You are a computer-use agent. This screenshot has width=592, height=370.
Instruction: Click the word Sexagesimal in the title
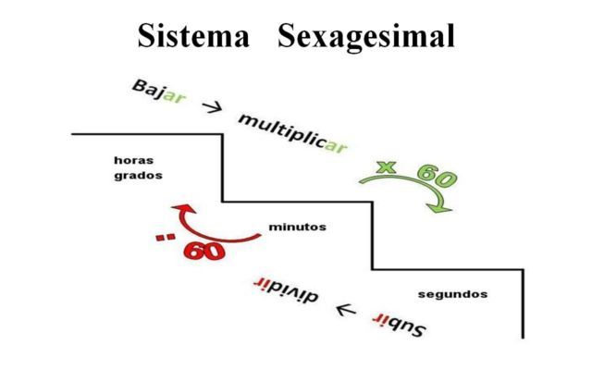coord(374,37)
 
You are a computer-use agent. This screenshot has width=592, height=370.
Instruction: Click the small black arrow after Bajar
coord(211,107)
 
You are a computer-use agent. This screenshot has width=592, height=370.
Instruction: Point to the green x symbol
coord(386,167)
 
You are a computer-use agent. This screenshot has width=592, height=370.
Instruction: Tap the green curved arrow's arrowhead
coord(445,207)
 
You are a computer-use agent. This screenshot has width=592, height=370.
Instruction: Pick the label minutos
coord(297,227)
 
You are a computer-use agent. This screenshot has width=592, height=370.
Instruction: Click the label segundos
coord(452,294)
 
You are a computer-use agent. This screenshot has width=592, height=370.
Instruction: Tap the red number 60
coord(204,250)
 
